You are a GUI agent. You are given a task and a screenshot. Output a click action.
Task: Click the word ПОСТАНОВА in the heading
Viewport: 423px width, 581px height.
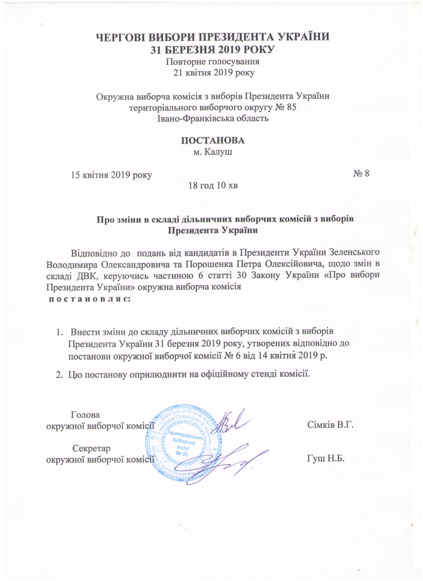(x=213, y=141)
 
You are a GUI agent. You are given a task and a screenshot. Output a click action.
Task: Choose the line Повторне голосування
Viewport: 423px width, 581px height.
(x=213, y=62)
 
